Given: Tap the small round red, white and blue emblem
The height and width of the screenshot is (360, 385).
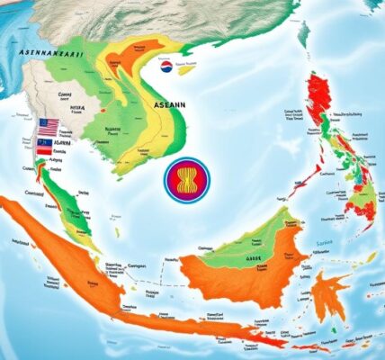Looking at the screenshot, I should point(166,65).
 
